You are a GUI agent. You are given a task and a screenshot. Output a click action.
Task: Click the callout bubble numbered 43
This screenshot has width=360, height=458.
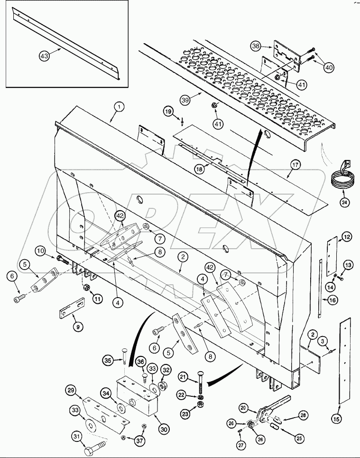pos(44,56)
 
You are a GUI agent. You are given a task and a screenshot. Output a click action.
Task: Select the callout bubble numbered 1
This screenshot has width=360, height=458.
pos(119,107)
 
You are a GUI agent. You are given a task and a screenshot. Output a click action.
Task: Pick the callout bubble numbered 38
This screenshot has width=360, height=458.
pos(256,47)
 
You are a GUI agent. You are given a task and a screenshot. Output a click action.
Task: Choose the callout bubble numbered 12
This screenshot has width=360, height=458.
pos(347,236)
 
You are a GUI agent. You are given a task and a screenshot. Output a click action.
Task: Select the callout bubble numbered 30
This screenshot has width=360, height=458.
pos(164,430)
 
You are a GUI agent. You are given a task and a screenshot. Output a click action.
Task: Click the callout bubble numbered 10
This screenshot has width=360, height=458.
pos(40,250)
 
